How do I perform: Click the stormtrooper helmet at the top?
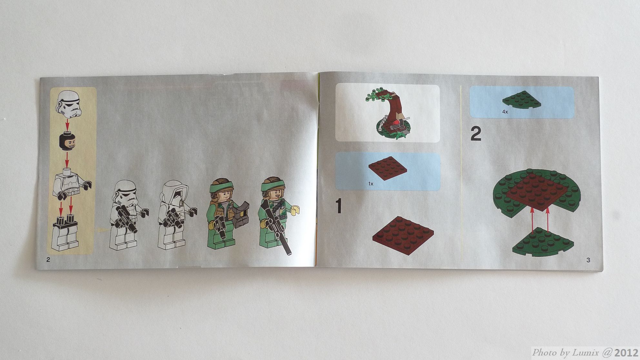[69, 104]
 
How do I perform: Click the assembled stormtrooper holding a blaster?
[127, 215]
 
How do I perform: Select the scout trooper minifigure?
[176, 215]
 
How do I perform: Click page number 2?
[48, 260]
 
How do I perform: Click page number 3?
[588, 260]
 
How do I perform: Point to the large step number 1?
[338, 206]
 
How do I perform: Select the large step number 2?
[476, 134]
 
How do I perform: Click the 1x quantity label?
[371, 184]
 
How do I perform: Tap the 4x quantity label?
[505, 112]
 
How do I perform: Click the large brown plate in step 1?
[403, 235]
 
